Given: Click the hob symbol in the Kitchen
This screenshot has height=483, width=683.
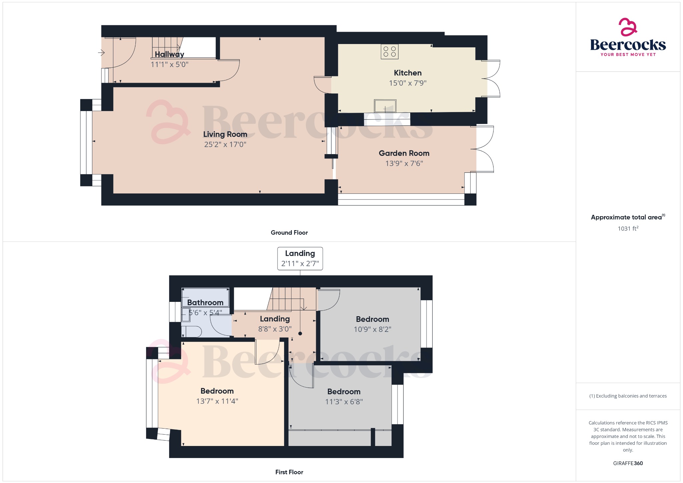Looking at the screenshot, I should click(390, 52).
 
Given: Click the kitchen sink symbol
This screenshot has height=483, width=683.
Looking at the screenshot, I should click(385, 106).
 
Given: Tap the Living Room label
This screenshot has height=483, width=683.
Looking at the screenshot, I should click(225, 134).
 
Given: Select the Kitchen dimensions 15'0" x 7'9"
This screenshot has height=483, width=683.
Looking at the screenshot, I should click(408, 83).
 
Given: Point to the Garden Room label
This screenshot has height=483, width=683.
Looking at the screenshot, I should click(404, 153).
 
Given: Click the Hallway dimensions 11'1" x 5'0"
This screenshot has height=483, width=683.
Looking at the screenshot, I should click(169, 64).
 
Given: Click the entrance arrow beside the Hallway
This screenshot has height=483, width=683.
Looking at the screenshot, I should click(101, 53).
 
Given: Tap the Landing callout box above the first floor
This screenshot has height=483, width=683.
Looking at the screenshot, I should click(300, 259).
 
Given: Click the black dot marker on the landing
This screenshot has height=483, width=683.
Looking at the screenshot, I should click(300, 334).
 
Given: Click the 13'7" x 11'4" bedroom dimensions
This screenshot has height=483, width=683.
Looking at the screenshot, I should click(217, 401).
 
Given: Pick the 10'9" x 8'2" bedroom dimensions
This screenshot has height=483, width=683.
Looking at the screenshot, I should click(372, 330).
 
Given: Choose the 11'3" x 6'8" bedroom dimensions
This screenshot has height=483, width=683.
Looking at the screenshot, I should click(344, 402).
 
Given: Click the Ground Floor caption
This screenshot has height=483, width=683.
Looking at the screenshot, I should click(289, 232).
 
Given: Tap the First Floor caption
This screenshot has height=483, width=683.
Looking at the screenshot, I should click(289, 472).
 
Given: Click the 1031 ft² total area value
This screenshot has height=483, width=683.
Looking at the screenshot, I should click(628, 228).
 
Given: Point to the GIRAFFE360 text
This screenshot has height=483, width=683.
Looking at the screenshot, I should click(628, 463).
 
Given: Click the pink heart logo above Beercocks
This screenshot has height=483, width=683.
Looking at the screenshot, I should click(628, 27).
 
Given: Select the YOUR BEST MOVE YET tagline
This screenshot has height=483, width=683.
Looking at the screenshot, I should click(628, 54).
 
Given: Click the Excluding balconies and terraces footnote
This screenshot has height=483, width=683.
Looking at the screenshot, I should click(628, 396).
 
